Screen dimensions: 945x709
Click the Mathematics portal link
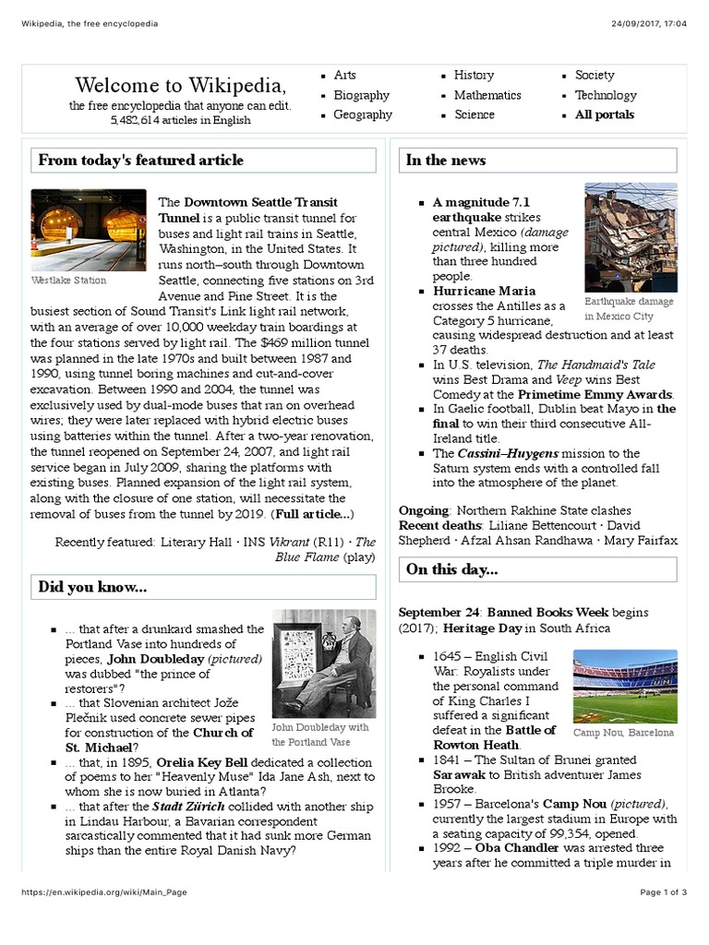pos(487,95)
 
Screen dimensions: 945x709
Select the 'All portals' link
pos(604,115)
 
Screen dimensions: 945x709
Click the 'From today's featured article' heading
pos(140,161)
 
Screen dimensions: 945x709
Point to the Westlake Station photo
pos(89,230)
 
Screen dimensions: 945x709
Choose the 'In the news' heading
pos(445,161)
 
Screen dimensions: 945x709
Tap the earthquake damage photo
pos(631,237)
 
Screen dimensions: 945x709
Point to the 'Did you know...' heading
pos(92,587)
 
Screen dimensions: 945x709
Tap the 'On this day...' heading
pos(451,569)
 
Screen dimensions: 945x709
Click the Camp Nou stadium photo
pos(624,686)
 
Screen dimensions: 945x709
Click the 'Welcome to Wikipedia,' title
pos(180,86)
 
